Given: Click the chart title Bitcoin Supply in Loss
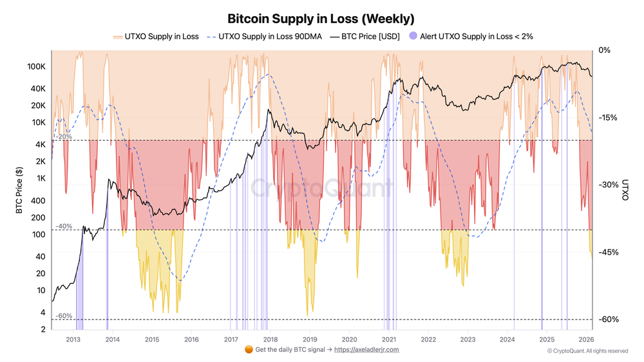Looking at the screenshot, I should [321, 19].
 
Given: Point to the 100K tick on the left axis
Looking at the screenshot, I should [36, 67].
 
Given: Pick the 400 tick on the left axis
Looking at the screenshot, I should [38, 201].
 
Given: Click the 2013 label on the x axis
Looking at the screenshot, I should [73, 339].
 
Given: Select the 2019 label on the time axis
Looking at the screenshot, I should [310, 339].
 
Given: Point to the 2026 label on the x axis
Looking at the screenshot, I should [586, 339].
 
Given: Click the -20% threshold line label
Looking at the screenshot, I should [64, 137].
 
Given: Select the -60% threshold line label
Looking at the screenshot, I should [64, 316].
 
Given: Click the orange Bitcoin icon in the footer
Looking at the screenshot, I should [249, 350].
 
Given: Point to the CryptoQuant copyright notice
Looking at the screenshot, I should [587, 351].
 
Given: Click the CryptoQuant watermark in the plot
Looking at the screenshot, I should [321, 188].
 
